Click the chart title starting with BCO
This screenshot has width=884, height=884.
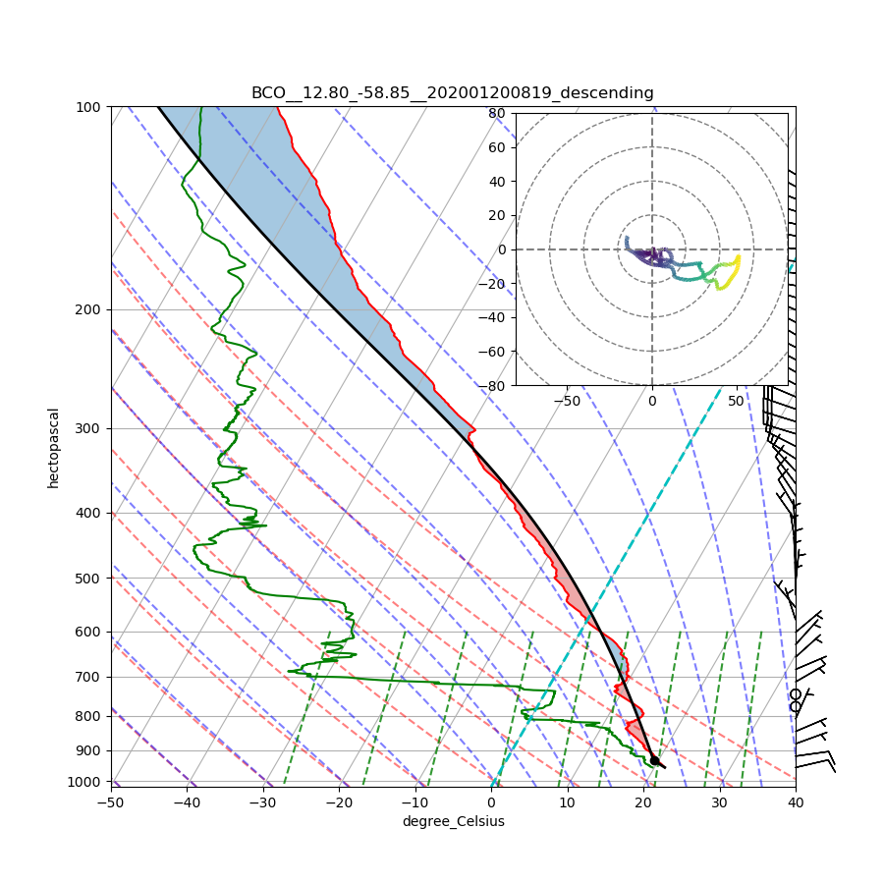point(452,93)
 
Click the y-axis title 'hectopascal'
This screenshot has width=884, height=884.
point(54,448)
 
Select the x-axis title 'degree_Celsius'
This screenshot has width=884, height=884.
point(453,821)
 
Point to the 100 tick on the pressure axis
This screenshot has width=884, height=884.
point(89,106)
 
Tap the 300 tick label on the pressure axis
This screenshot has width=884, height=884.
point(89,428)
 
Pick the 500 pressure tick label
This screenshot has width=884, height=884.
point(89,578)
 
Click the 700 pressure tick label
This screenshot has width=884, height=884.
point(89,677)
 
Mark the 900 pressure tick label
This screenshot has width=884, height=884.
point(89,750)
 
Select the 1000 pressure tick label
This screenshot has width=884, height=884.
point(86,782)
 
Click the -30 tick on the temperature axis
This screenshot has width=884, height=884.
point(263,801)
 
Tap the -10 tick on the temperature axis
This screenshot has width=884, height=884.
point(415,801)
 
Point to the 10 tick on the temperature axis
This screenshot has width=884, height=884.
point(568,801)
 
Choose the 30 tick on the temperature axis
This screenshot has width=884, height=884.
point(720,801)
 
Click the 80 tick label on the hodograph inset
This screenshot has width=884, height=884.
point(497,113)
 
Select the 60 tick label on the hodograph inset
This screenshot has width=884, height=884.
point(497,147)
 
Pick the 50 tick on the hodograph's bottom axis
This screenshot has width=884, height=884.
point(736,401)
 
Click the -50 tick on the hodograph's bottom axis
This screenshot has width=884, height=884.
point(567,401)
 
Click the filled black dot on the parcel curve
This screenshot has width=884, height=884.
point(655,760)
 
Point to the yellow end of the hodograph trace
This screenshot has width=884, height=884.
point(738,256)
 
